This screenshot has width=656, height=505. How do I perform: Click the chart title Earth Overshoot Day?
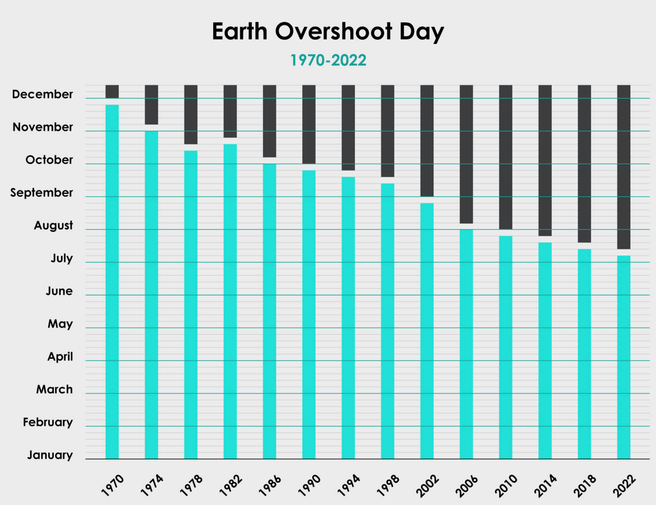[328, 32]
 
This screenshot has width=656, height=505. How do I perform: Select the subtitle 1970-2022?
[328, 60]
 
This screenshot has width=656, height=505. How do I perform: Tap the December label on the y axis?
[42, 94]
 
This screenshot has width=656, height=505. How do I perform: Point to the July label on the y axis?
[61, 258]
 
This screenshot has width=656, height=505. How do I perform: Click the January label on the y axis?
[50, 455]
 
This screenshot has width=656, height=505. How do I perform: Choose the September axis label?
[41, 193]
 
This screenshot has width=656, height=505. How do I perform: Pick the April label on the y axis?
[60, 356]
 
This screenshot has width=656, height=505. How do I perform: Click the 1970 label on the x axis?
[113, 485]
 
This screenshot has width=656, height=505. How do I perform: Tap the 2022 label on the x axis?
[624, 485]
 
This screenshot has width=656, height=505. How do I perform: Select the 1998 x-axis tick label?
[388, 485]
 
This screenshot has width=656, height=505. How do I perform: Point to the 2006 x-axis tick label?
[467, 485]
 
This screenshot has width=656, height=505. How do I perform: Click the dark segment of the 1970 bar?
[112, 91]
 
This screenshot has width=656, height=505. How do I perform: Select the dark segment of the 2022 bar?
[624, 166]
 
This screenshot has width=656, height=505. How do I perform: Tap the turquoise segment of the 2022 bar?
[624, 357]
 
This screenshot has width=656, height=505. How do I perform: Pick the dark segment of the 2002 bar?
[427, 140]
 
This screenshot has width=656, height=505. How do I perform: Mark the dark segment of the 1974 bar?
[151, 105]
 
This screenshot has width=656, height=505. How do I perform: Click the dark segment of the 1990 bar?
[309, 124]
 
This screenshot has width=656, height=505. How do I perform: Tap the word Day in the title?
[421, 32]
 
